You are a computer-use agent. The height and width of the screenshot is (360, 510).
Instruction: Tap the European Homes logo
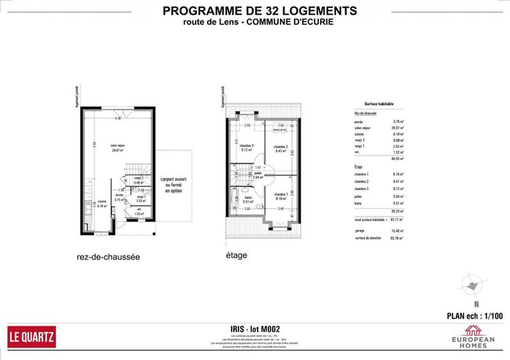tap(472, 335)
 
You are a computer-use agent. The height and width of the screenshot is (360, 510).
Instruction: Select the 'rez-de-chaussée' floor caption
tap(107, 257)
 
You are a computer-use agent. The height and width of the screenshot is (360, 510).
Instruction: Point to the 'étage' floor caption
tap(237, 256)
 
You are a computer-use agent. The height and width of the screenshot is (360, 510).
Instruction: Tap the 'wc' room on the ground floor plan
tap(139, 211)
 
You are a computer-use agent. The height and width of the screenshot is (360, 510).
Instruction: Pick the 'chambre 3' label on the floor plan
tap(247, 148)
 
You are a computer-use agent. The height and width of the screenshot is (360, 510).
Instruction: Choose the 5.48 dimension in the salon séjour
tap(117, 119)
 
